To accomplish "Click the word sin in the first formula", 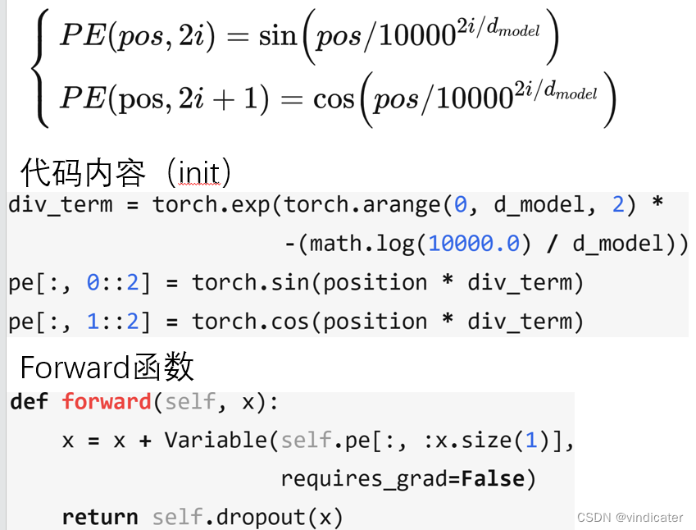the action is (x=277, y=37).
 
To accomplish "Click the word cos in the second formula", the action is (x=334, y=99).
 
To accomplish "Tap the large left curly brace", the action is (x=39, y=69).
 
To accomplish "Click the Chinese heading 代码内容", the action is (x=83, y=173).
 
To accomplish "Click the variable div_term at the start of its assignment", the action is (x=61, y=204).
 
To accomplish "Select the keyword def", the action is (x=30, y=402).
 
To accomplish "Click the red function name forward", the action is (x=107, y=402).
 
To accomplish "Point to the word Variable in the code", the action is (x=216, y=441).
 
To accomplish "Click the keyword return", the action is (x=100, y=517).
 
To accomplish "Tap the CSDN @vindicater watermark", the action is (x=630, y=517).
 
